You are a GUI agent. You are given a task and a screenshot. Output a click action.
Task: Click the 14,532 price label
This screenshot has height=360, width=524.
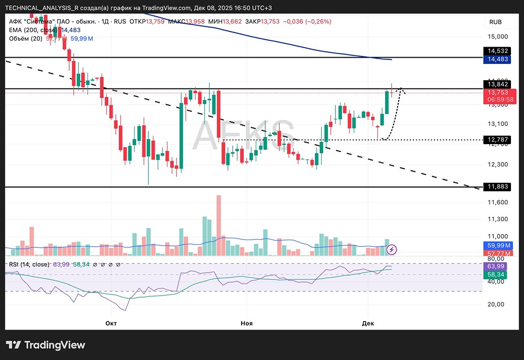(497, 51)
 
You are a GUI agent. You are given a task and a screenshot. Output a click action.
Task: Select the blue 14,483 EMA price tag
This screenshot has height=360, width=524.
(497, 60)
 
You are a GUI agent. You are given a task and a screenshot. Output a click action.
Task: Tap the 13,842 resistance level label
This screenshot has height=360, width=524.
(497, 84)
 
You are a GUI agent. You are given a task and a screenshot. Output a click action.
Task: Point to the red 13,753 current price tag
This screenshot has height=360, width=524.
(497, 92)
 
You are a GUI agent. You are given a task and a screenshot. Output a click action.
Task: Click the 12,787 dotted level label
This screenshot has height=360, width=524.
(497, 140)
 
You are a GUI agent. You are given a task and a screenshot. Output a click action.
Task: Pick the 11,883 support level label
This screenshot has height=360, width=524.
(497, 187)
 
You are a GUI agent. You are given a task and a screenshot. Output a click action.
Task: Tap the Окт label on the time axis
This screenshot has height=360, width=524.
(111, 323)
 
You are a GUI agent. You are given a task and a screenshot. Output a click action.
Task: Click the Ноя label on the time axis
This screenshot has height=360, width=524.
(246, 323)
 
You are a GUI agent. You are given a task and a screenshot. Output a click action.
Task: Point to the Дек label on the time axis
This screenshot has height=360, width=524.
(368, 323)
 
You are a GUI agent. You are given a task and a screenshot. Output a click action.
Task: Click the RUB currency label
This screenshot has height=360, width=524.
(495, 22)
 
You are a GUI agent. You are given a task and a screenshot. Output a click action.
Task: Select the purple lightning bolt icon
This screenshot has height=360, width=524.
(391, 250)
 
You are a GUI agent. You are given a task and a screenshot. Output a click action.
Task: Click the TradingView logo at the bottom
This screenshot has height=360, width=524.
(46, 345)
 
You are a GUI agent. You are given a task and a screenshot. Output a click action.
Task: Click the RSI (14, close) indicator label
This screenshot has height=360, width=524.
(29, 264)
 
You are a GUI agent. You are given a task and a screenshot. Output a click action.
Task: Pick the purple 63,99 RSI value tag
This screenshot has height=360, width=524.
(497, 266)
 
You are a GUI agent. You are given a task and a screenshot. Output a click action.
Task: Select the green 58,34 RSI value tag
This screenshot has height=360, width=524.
(497, 275)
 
